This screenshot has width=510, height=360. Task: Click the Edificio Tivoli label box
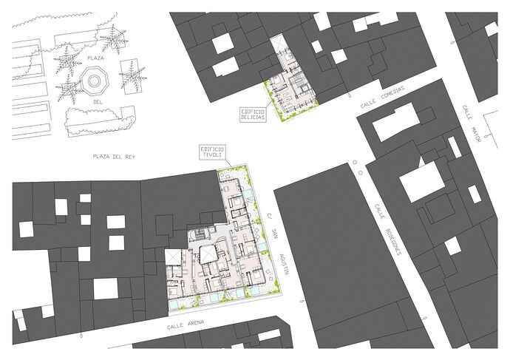(212, 152)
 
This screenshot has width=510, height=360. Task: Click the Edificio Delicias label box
(253, 115)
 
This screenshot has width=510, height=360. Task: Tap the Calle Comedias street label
(383, 98)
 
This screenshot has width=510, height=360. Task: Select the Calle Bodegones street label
(388, 229)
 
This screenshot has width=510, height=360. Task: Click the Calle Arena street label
(186, 325)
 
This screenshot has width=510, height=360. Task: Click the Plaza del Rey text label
(114, 157)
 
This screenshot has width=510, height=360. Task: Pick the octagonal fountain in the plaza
(94, 81)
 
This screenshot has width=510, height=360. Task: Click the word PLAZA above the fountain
(95, 58)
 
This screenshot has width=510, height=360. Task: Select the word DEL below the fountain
(98, 102)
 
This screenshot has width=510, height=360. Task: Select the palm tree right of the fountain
(132, 77)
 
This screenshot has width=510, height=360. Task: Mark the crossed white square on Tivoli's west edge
(174, 257)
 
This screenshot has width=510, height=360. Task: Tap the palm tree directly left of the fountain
(68, 87)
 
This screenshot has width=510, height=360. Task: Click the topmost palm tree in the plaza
(113, 39)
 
